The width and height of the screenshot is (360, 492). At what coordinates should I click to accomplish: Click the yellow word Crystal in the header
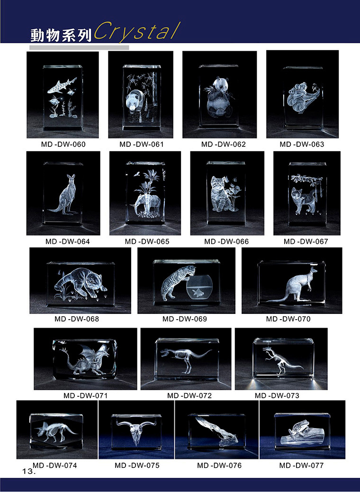pyautogui.click(x=137, y=32)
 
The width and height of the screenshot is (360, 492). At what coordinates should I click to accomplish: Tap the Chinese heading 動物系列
pyautogui.click(x=61, y=35)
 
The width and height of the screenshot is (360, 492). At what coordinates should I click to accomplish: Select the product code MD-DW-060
pyautogui.click(x=63, y=144)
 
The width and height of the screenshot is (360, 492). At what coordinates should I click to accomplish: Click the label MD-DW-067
pyautogui.click(x=306, y=242)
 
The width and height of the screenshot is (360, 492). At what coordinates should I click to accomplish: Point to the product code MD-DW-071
pyautogui.click(x=85, y=396)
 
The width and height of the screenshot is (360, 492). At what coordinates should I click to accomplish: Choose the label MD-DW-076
pyautogui.click(x=219, y=465)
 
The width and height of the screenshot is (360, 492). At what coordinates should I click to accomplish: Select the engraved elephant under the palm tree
pyautogui.click(x=147, y=204)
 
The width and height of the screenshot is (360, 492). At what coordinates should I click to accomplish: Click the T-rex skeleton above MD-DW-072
pyautogui.click(x=186, y=359)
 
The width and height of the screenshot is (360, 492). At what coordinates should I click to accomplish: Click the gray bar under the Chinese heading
pyautogui.click(x=79, y=48)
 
